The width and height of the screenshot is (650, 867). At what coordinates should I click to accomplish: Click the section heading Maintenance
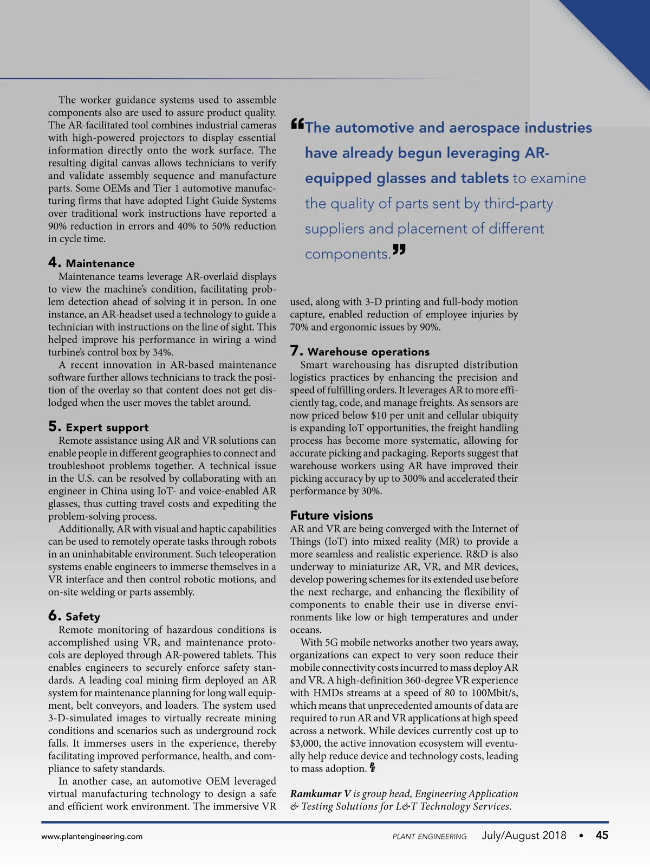click(100, 264)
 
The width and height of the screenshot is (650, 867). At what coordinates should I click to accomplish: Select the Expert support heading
click(107, 428)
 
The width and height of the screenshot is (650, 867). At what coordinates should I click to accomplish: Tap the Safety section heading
click(83, 617)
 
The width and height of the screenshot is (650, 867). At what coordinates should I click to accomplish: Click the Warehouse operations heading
click(368, 352)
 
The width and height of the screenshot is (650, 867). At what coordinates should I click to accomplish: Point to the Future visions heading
click(331, 515)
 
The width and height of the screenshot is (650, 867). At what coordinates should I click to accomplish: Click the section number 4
click(54, 263)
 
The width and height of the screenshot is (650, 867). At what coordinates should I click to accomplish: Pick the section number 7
click(296, 351)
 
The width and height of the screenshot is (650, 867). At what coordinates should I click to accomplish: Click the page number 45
click(602, 836)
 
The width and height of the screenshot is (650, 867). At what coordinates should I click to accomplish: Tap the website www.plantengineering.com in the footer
click(92, 836)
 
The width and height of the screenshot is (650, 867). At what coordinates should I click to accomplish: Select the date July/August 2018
click(524, 836)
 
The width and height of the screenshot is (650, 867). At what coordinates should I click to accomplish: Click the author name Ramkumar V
click(320, 794)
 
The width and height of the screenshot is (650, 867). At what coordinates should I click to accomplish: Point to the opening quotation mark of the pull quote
click(297, 124)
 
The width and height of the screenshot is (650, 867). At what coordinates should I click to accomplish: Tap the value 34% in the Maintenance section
click(162, 352)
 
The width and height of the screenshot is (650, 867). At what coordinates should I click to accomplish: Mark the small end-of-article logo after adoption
click(373, 768)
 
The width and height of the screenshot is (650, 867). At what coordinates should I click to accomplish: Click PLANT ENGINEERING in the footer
click(429, 837)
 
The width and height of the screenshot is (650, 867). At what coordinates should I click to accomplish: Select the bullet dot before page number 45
click(581, 836)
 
